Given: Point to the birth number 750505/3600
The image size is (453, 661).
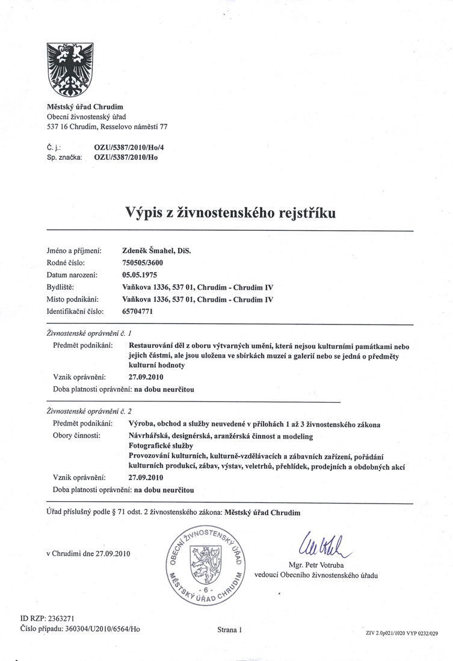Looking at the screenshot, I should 143,263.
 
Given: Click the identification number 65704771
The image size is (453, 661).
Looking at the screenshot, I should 139,311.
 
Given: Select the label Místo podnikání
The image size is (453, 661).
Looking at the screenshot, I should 73,299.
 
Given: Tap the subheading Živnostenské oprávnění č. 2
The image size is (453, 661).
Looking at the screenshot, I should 89,412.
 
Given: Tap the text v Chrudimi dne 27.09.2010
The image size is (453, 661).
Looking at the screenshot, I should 88,553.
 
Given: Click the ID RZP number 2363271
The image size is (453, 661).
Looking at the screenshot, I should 57,617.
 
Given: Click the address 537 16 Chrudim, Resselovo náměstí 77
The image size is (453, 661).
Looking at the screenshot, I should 106,127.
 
